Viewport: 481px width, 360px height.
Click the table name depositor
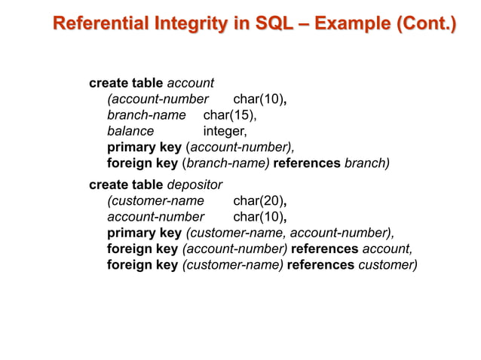tap(195, 184)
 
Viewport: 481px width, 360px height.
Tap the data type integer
tap(225, 131)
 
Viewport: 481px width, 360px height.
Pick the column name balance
tap(130, 131)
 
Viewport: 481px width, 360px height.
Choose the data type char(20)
tap(259, 200)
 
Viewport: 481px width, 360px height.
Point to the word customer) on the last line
tap(388, 265)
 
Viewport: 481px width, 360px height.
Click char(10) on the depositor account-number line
tap(259, 217)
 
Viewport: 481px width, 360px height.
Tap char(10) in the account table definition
tap(259, 99)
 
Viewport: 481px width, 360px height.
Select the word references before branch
tap(307, 163)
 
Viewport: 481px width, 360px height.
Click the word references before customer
tap(320, 265)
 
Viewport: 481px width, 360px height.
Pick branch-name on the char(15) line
tap(146, 115)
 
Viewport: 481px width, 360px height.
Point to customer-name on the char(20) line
tap(156, 200)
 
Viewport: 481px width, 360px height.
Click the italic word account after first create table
tap(191, 82)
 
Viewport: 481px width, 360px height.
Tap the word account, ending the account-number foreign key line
tap(388, 249)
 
